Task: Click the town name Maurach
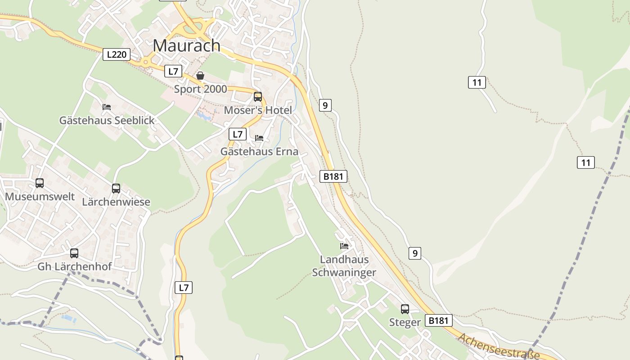coord(186,45)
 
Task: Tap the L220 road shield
coord(116,55)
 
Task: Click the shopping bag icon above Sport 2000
coord(200,76)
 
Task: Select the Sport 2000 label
coord(200,89)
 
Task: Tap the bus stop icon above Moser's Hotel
coord(258,96)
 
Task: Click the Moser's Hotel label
coord(258,110)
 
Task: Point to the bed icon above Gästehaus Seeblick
coord(107,107)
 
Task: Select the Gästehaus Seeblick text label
coord(107,121)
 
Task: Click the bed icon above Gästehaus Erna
coord(259,138)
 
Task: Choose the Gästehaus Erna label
coord(259,152)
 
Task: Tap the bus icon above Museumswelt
coord(40,183)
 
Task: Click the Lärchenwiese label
coord(116,202)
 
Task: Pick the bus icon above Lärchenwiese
coord(116,189)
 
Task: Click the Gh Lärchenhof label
coord(74,266)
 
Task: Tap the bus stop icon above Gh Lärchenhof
coord(74,253)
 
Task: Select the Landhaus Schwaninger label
coord(344,266)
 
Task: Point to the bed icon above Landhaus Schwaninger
coord(344,246)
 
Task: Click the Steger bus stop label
coord(405,322)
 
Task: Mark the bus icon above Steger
coord(405,309)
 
